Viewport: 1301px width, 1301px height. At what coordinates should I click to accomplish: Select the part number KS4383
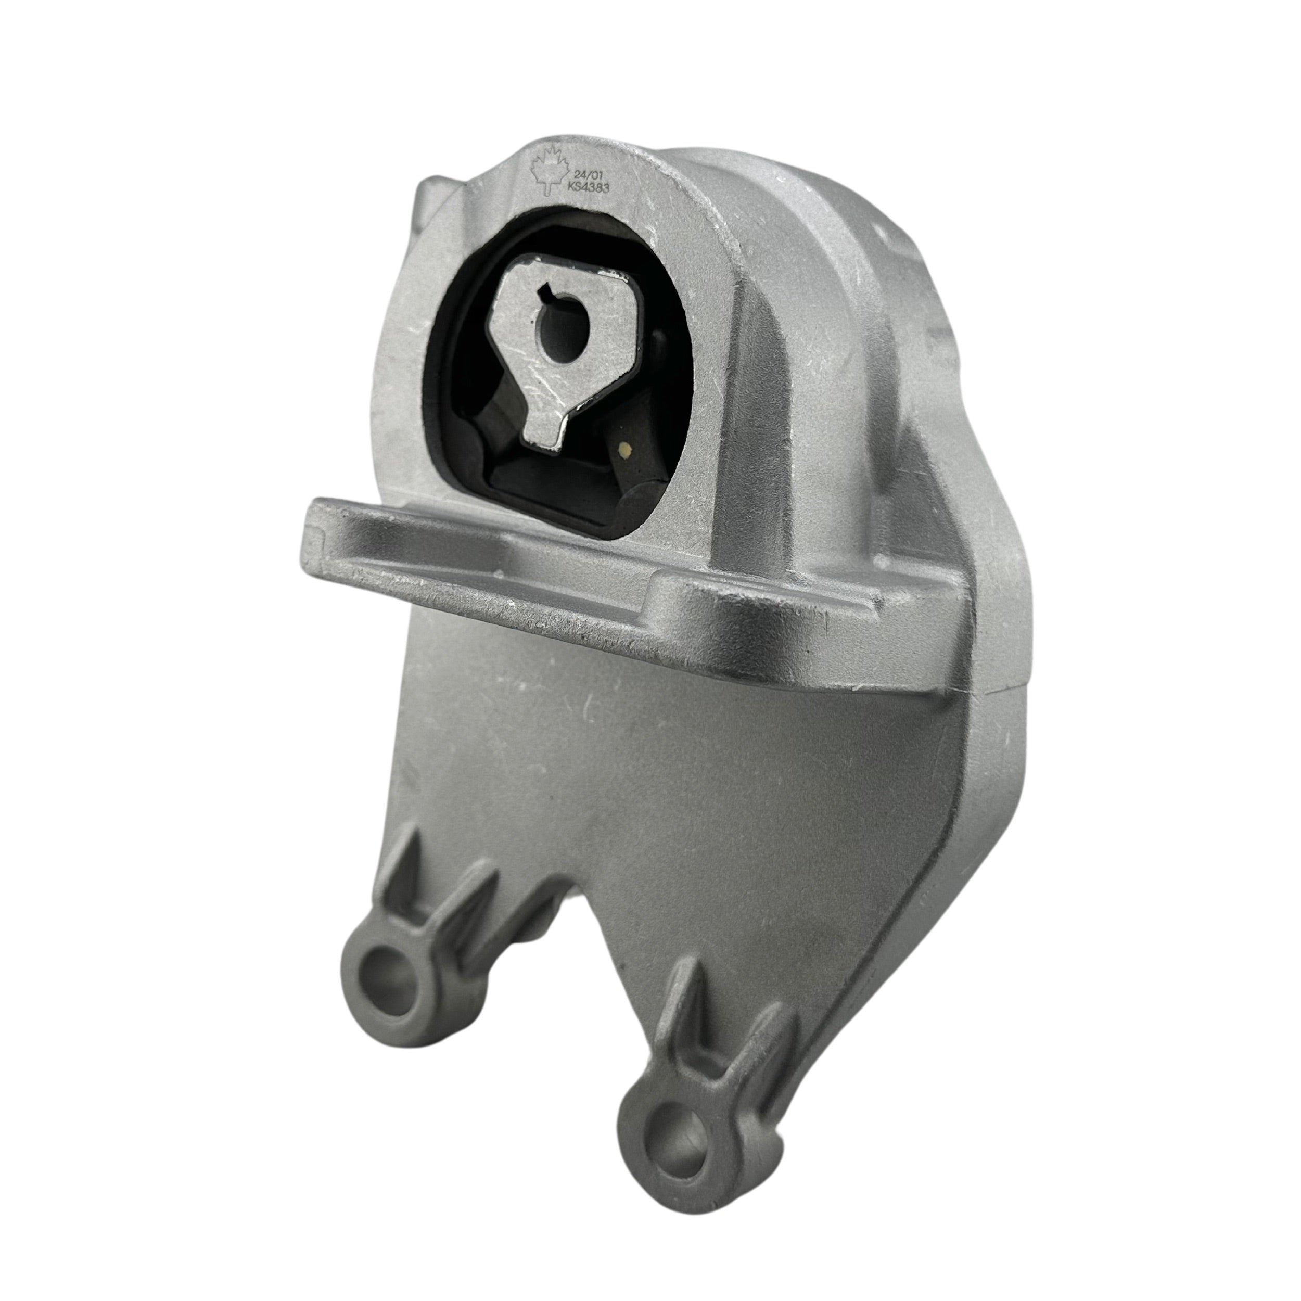tap(589, 190)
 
